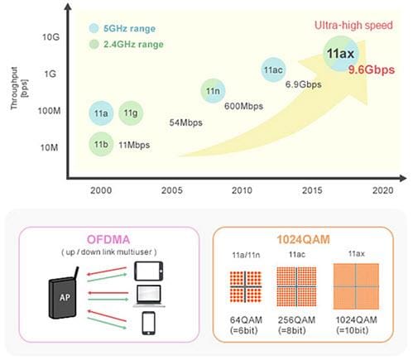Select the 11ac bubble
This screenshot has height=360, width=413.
(274, 70)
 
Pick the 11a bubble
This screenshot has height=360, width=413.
(100, 112)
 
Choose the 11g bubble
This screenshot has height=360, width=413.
(131, 112)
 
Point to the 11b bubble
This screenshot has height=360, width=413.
(100, 144)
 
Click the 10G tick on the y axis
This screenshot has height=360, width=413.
(49, 36)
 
